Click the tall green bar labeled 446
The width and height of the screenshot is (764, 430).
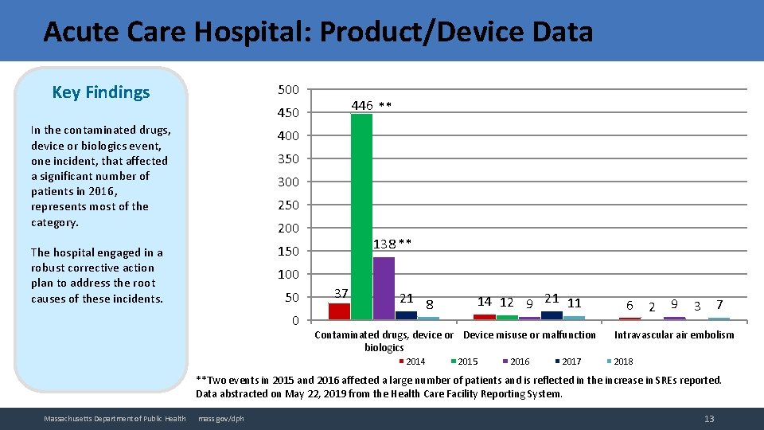(x=361, y=217)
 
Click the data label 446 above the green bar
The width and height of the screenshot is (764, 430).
(x=363, y=105)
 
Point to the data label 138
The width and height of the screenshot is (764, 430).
(x=386, y=243)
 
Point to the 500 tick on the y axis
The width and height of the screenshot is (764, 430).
(x=288, y=89)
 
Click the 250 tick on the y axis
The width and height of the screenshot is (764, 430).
(x=288, y=205)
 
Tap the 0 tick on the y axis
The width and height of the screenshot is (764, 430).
(x=294, y=320)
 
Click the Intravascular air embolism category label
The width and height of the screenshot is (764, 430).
(x=674, y=334)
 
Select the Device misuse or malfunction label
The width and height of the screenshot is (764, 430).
(x=529, y=334)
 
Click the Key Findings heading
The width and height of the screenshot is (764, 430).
(x=100, y=92)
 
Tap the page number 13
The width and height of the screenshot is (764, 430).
(x=709, y=419)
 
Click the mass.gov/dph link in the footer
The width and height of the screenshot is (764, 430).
(x=221, y=419)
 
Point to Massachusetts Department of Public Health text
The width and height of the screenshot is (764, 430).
(x=115, y=419)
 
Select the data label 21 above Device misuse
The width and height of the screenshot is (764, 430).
(x=551, y=299)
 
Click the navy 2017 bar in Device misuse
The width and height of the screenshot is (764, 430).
(x=552, y=315)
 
